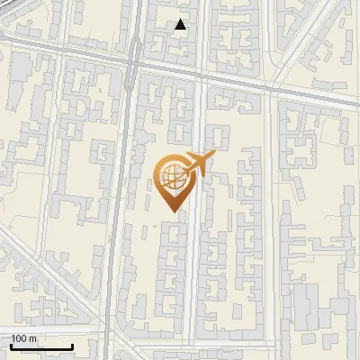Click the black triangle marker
(181, 24)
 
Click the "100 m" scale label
(23, 338)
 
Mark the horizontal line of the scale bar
(41, 347)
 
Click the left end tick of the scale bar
(11, 346)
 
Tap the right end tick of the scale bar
(72, 346)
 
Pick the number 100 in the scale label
(19, 338)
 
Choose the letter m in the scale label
(32, 338)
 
